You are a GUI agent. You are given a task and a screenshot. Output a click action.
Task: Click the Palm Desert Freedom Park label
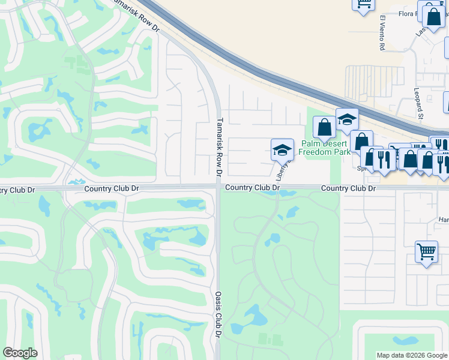[325, 148]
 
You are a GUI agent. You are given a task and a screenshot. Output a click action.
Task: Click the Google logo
[20, 353]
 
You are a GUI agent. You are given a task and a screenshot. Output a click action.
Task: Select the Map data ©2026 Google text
[412, 355]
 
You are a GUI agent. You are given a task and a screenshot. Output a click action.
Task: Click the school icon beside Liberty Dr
[282, 150]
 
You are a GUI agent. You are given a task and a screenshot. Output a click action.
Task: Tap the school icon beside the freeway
[347, 119]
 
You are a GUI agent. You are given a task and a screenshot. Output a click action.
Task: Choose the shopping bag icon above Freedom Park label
[324, 127]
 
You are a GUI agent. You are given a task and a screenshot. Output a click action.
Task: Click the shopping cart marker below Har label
[426, 252]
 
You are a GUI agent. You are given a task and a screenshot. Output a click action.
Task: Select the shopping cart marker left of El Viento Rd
[363, 5]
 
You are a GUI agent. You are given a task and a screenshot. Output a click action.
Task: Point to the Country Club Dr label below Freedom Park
[348, 188]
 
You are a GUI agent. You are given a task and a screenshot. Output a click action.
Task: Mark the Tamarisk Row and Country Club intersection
[218, 188]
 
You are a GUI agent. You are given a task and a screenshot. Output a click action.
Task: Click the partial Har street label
[443, 220]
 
